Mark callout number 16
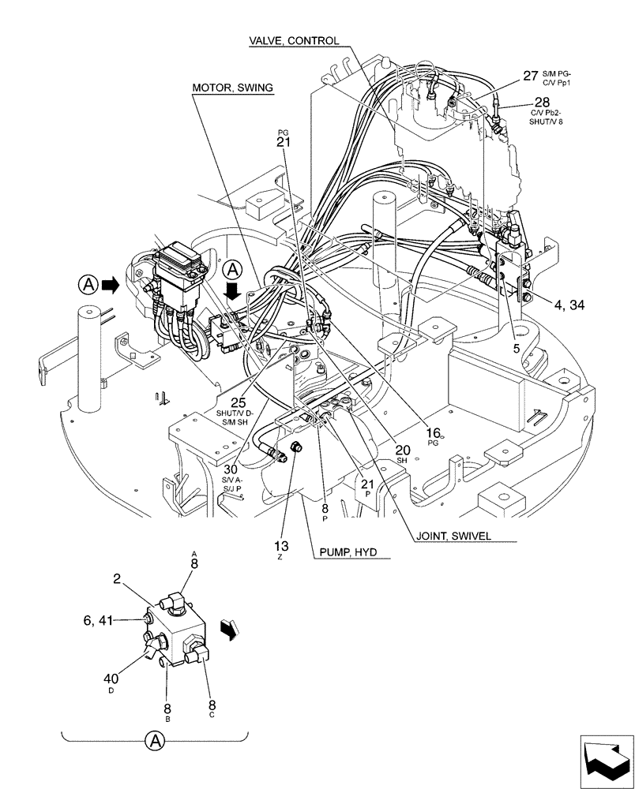point(433,432)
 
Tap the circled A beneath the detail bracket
point(156,741)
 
